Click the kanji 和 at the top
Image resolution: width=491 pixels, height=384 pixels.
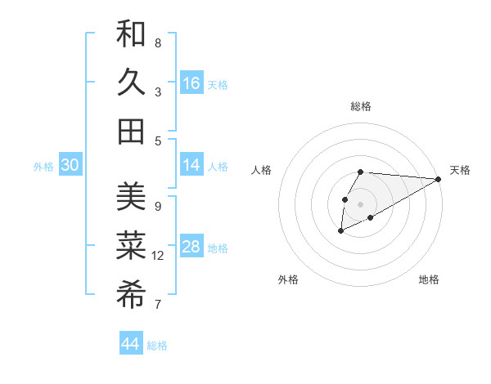[131, 34]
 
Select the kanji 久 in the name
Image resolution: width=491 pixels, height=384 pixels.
[131, 83]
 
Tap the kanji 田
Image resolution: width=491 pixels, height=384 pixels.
[131, 131]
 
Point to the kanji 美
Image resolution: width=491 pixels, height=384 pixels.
[131, 197]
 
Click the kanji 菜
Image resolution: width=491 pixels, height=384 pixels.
[131, 245]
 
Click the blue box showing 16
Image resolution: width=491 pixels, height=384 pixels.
[191, 83]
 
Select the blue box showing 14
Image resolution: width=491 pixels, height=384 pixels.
[191, 165]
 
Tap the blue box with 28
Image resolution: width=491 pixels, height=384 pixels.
[191, 248]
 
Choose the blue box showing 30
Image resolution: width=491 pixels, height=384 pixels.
[70, 165]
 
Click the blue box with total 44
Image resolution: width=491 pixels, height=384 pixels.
[131, 344]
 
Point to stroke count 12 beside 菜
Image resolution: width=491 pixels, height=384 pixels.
[158, 256]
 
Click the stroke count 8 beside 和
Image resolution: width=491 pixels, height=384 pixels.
[158, 42]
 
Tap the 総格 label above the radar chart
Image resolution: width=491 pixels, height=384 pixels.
[361, 106]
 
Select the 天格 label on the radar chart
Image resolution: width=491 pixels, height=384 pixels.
[460, 170]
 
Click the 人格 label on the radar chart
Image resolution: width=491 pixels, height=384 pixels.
[262, 170]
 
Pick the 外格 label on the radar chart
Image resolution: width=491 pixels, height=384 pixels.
[287, 279]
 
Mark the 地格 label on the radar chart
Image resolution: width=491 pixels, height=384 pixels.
[429, 279]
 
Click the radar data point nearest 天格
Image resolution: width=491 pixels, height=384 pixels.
[439, 179]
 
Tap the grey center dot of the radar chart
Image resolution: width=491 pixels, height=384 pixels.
[361, 203]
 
